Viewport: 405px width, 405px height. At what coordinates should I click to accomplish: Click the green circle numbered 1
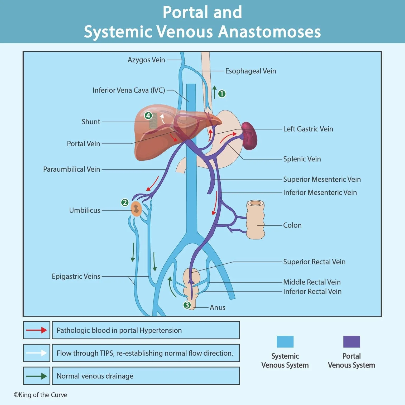point(222,94)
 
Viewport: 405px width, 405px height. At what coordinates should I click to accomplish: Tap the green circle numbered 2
point(125,202)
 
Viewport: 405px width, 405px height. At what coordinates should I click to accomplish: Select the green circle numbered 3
point(187,305)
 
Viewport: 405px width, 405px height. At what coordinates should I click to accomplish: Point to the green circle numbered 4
point(148,115)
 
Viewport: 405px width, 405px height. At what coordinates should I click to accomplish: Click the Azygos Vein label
point(146,60)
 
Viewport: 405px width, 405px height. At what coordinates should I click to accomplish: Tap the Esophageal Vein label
point(250,71)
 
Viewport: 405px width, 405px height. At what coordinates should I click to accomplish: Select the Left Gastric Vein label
point(308,129)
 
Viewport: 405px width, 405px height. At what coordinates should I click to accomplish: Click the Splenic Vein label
point(302,159)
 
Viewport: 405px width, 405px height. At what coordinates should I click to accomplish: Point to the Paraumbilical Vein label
point(71,169)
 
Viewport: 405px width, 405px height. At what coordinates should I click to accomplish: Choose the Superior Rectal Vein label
point(314,262)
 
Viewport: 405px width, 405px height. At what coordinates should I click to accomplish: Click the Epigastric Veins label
point(76,276)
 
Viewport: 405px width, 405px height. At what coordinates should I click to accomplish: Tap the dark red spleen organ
point(249,136)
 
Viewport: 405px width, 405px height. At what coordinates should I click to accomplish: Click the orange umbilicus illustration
point(136,209)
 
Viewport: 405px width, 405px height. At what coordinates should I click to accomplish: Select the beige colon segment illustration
point(255,220)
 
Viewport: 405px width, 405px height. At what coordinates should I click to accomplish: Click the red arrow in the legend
point(36,330)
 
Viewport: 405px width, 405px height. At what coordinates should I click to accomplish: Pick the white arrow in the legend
point(36,353)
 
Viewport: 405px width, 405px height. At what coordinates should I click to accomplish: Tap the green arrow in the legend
point(36,376)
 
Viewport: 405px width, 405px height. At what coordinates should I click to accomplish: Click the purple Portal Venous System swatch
point(351,342)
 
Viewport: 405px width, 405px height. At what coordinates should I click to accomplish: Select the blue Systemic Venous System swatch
point(285,342)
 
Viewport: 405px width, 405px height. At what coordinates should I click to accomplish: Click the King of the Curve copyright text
point(40,395)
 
